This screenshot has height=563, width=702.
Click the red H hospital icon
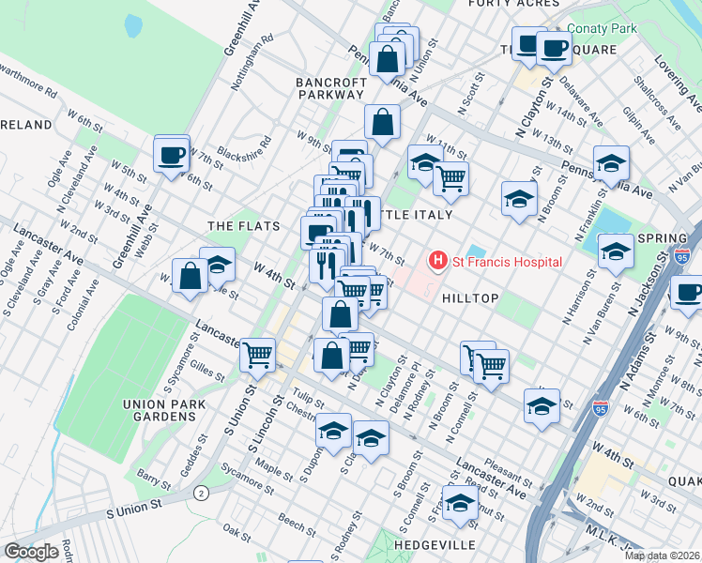tap(436, 261)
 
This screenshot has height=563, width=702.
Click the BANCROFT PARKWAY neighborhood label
tap(329, 88)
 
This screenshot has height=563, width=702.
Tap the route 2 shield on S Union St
tap(200, 493)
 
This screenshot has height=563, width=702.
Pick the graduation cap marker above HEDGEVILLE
tap(460, 505)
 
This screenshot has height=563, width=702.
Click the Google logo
tap(31, 551)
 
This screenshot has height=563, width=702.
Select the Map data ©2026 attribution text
tap(662, 555)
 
